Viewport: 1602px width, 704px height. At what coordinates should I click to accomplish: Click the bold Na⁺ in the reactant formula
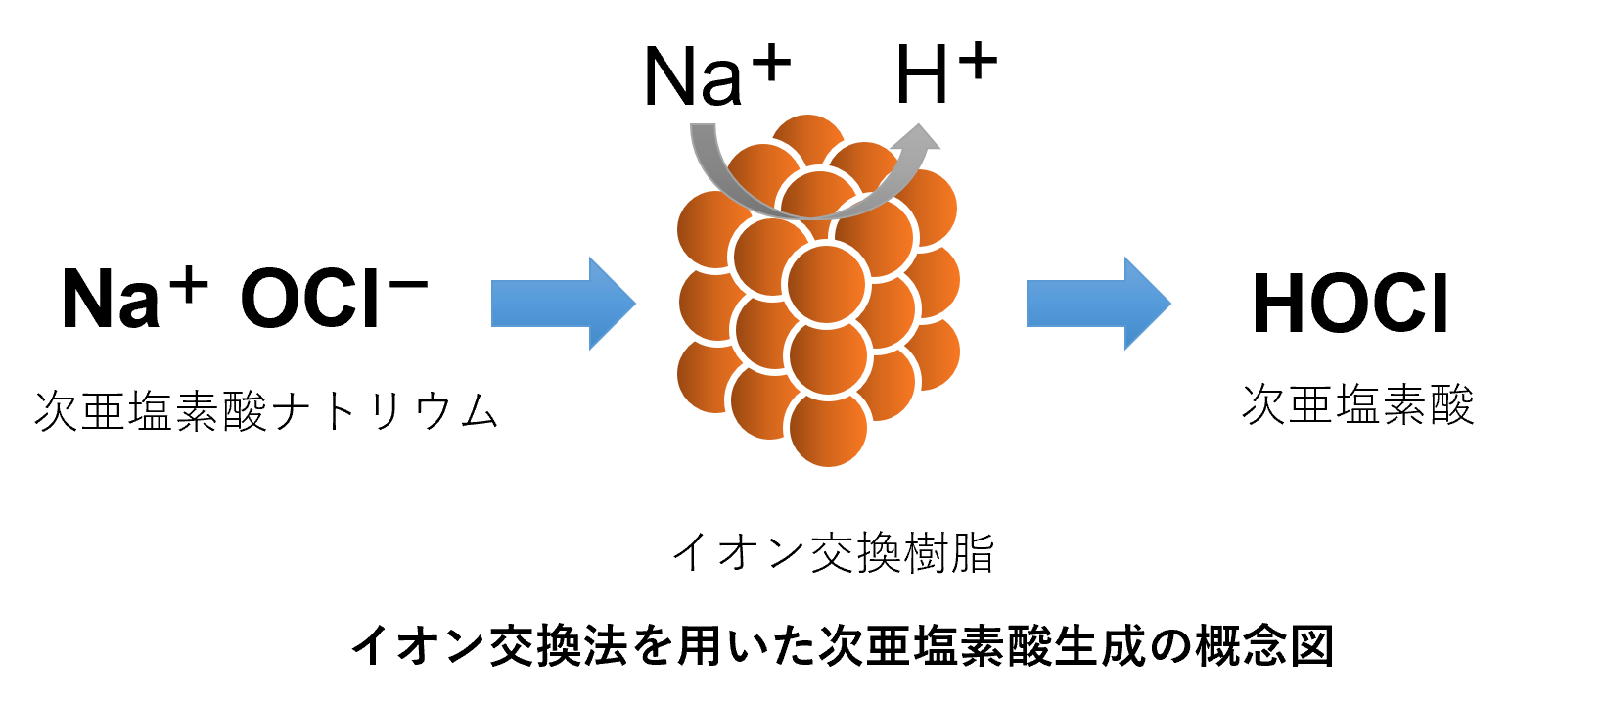tap(135, 297)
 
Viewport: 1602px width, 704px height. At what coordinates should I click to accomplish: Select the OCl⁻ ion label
tap(334, 298)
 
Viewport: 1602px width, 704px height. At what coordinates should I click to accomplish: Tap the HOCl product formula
tap(1350, 304)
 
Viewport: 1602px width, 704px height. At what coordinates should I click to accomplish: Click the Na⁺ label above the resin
tap(717, 74)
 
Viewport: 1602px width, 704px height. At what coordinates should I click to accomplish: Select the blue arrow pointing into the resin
tap(564, 304)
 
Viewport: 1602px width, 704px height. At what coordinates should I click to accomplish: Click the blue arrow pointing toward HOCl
tap(1099, 304)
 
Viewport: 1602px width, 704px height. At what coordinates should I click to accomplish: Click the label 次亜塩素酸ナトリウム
tap(266, 410)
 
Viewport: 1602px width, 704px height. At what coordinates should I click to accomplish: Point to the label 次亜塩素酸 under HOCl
tap(1358, 405)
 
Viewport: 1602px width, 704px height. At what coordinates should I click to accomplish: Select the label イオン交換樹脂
tap(834, 552)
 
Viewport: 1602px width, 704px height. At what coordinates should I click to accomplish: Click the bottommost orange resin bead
tap(828, 429)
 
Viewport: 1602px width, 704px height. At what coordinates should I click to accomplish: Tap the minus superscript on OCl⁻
tap(409, 284)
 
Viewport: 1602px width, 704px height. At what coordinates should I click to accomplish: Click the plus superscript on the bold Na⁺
tap(189, 285)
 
